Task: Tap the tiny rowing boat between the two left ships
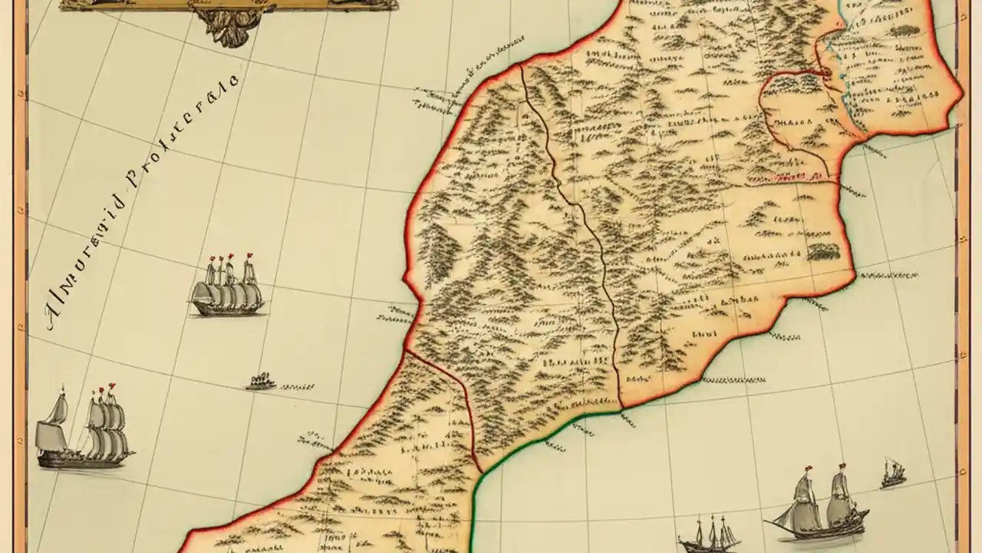point(261,381)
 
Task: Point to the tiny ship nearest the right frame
point(893,473)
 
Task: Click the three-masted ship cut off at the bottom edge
point(708,535)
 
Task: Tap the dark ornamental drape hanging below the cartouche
point(230,27)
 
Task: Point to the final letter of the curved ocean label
point(234,79)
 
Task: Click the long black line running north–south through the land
point(583,215)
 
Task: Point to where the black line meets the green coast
point(619,411)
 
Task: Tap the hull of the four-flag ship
point(227,309)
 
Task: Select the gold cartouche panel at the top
point(230,4)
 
